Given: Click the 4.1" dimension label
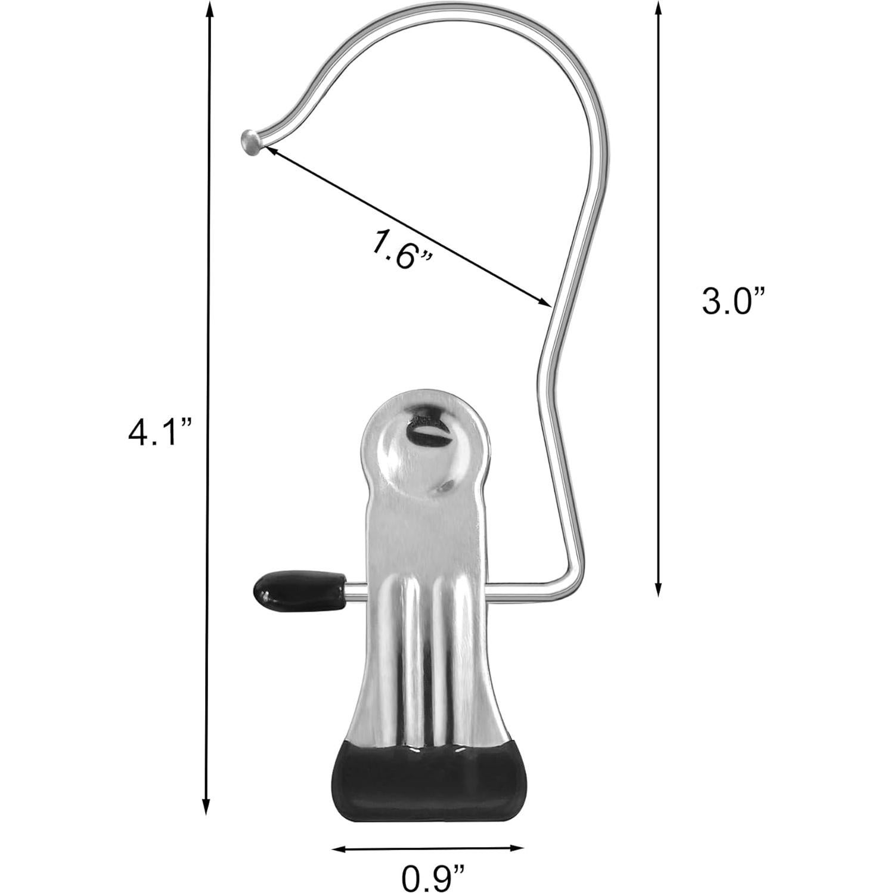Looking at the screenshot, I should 160,432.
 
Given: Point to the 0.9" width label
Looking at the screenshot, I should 432,877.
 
